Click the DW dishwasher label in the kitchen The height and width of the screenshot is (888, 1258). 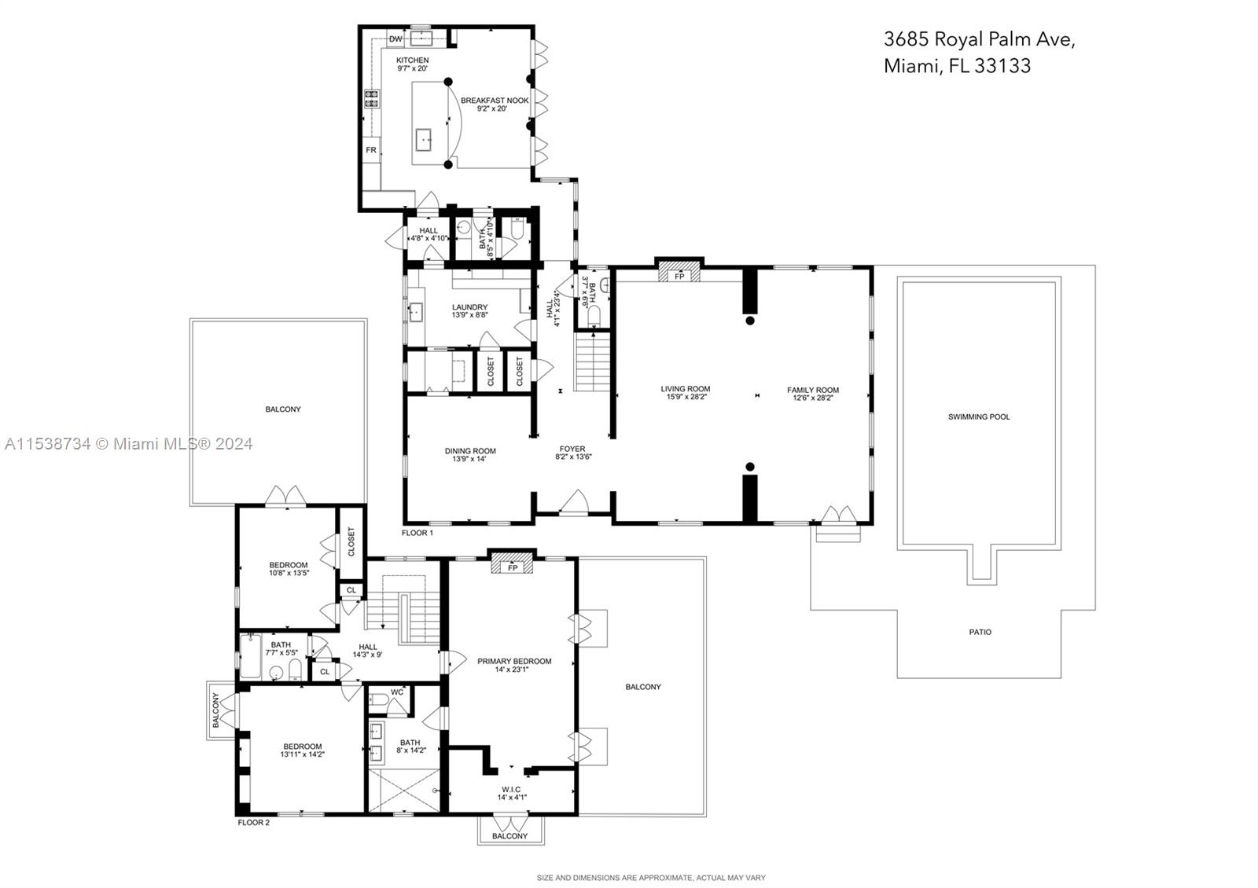coord(395,39)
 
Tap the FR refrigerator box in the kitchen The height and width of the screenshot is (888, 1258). coord(371,150)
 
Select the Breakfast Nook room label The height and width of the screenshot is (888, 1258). coord(495,101)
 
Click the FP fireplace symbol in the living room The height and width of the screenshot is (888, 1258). coord(679,275)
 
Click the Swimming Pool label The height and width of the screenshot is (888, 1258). coord(979,416)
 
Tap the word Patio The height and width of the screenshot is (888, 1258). coord(980,632)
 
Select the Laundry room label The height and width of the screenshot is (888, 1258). coord(469,307)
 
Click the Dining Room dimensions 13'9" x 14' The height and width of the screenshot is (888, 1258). coord(469,460)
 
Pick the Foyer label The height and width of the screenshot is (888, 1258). coord(572,449)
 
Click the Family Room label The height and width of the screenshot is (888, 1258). coord(813,390)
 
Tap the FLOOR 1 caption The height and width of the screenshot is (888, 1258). coord(417,533)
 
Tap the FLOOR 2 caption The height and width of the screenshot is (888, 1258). coord(254,823)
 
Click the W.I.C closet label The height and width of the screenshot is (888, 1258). coord(511,789)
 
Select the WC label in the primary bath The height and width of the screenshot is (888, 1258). coord(397,692)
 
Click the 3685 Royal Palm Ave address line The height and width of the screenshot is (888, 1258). coord(979,39)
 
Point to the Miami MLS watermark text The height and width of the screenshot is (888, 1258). coord(130,444)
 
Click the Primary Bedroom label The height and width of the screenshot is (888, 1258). coord(514,661)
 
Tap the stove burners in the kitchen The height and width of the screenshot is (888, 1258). coord(371,99)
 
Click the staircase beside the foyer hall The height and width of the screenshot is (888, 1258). coord(593,361)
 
